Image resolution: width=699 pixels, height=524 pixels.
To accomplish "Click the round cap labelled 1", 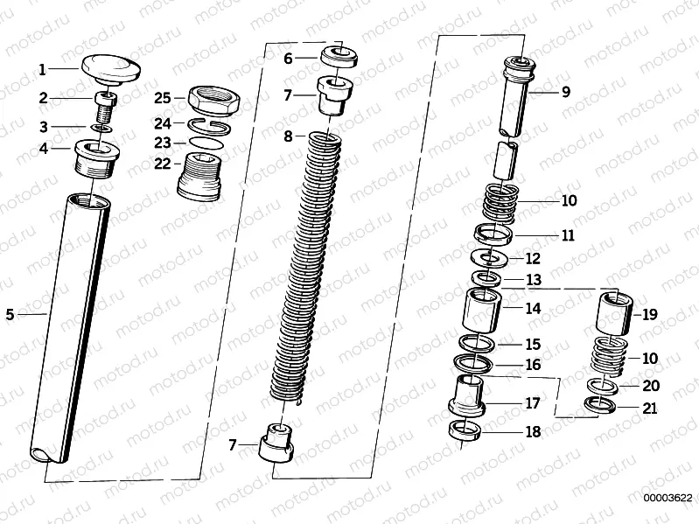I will click(111, 67).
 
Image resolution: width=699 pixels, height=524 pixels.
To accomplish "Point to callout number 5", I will click(10, 312).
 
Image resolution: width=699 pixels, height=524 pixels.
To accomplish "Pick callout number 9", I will click(565, 91).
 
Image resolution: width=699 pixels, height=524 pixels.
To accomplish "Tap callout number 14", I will click(533, 308).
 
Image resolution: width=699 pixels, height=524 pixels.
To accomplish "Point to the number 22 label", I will click(163, 163).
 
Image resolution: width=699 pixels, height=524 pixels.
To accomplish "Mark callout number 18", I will click(533, 431).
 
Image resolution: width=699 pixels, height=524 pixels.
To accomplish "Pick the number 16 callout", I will click(533, 364).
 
